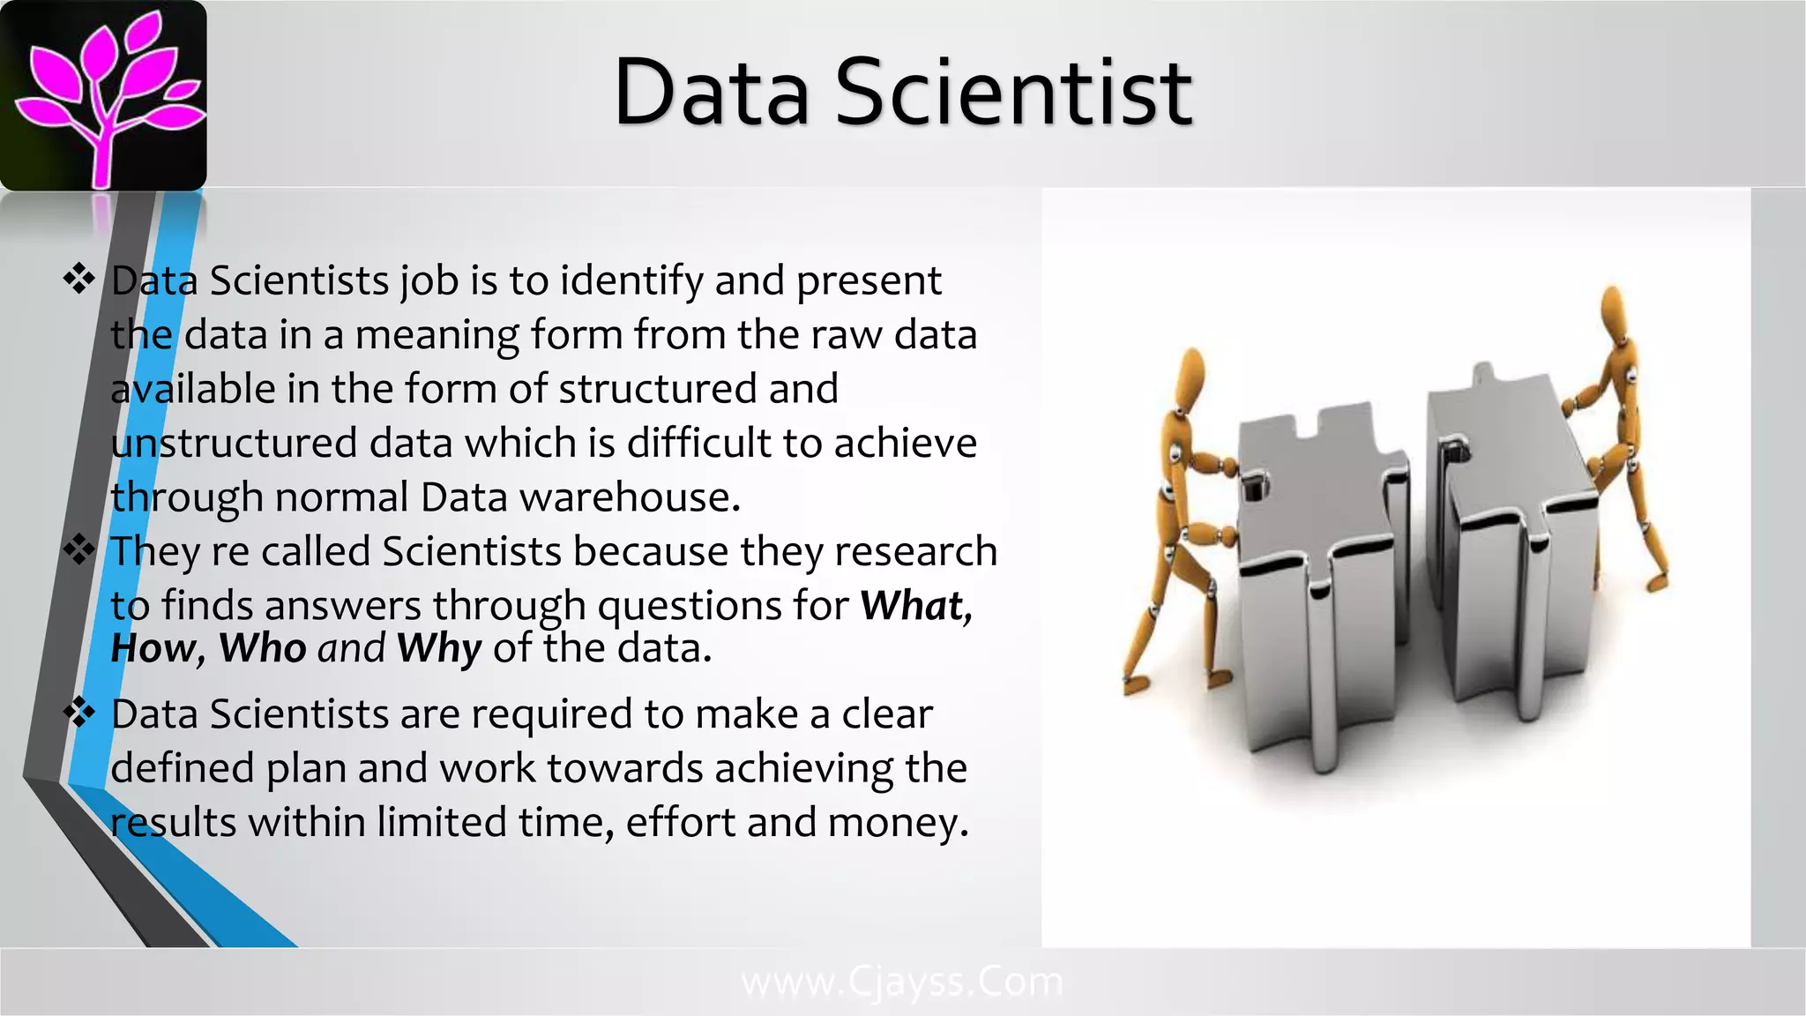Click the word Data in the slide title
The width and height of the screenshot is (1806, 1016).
click(711, 93)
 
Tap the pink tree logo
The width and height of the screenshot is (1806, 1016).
click(103, 95)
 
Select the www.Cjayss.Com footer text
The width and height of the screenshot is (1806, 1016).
click(902, 982)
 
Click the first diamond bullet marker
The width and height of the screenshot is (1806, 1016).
click(79, 280)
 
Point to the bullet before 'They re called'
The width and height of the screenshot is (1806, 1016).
click(79, 550)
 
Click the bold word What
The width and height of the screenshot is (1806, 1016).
click(914, 606)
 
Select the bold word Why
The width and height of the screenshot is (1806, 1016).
click(438, 649)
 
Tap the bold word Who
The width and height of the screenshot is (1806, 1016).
click(262, 648)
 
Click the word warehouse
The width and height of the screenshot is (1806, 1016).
click(628, 497)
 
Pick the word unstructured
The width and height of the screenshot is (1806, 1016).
click(234, 443)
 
